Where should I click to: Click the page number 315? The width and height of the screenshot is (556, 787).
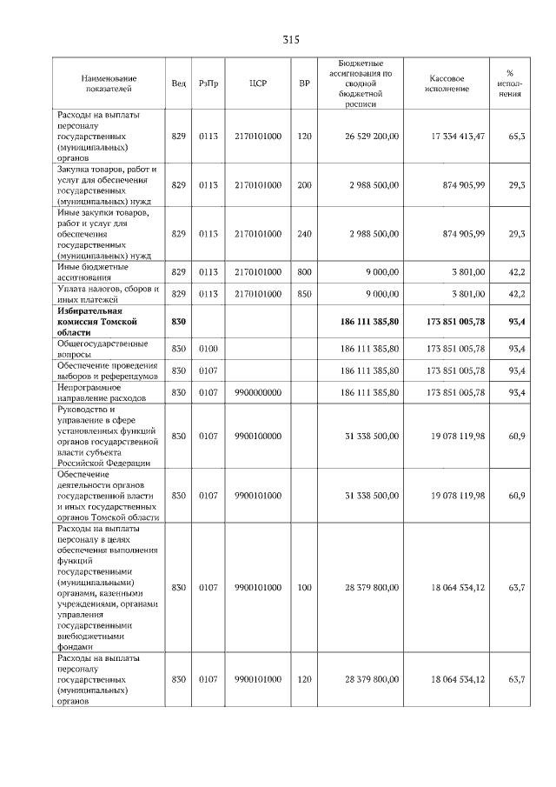[290, 40]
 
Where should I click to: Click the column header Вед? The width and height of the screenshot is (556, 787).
[178, 83]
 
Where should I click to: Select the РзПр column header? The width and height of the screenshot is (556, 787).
[208, 83]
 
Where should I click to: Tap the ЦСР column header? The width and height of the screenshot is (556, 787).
[257, 83]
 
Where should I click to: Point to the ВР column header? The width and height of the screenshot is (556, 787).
[304, 83]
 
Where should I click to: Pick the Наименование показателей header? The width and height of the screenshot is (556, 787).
[108, 83]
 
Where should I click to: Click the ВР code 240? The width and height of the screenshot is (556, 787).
[304, 234]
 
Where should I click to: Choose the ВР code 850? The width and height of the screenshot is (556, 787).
[304, 294]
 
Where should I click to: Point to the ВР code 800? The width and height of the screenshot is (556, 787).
[304, 272]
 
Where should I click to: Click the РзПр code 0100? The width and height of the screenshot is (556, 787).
[208, 349]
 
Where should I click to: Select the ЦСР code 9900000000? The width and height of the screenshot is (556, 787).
[257, 393]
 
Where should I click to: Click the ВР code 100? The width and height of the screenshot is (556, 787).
[304, 588]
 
